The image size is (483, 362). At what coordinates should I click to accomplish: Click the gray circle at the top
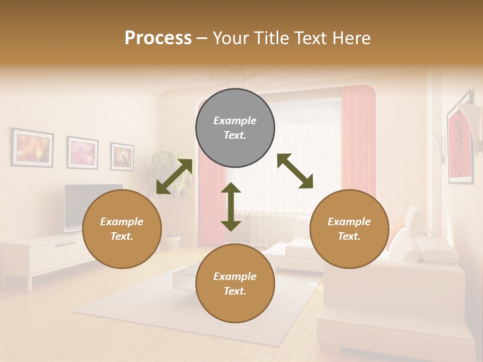click(235, 128)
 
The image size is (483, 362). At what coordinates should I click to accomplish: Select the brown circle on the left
click(122, 229)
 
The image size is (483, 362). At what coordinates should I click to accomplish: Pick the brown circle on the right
click(349, 229)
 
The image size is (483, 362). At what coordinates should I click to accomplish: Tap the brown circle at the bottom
click(235, 284)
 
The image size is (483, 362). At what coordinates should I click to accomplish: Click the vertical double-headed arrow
click(231, 207)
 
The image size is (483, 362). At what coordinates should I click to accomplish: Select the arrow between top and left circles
click(174, 176)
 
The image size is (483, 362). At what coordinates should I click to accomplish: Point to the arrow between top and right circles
click(295, 171)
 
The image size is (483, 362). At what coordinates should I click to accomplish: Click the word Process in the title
click(158, 38)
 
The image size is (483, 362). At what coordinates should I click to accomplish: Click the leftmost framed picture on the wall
click(33, 147)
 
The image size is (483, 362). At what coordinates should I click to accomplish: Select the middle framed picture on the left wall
click(83, 152)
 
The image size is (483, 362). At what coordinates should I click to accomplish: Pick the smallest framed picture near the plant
click(122, 156)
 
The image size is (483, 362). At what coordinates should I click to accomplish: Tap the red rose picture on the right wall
click(460, 146)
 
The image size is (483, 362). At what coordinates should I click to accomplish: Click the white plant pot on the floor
click(173, 243)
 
